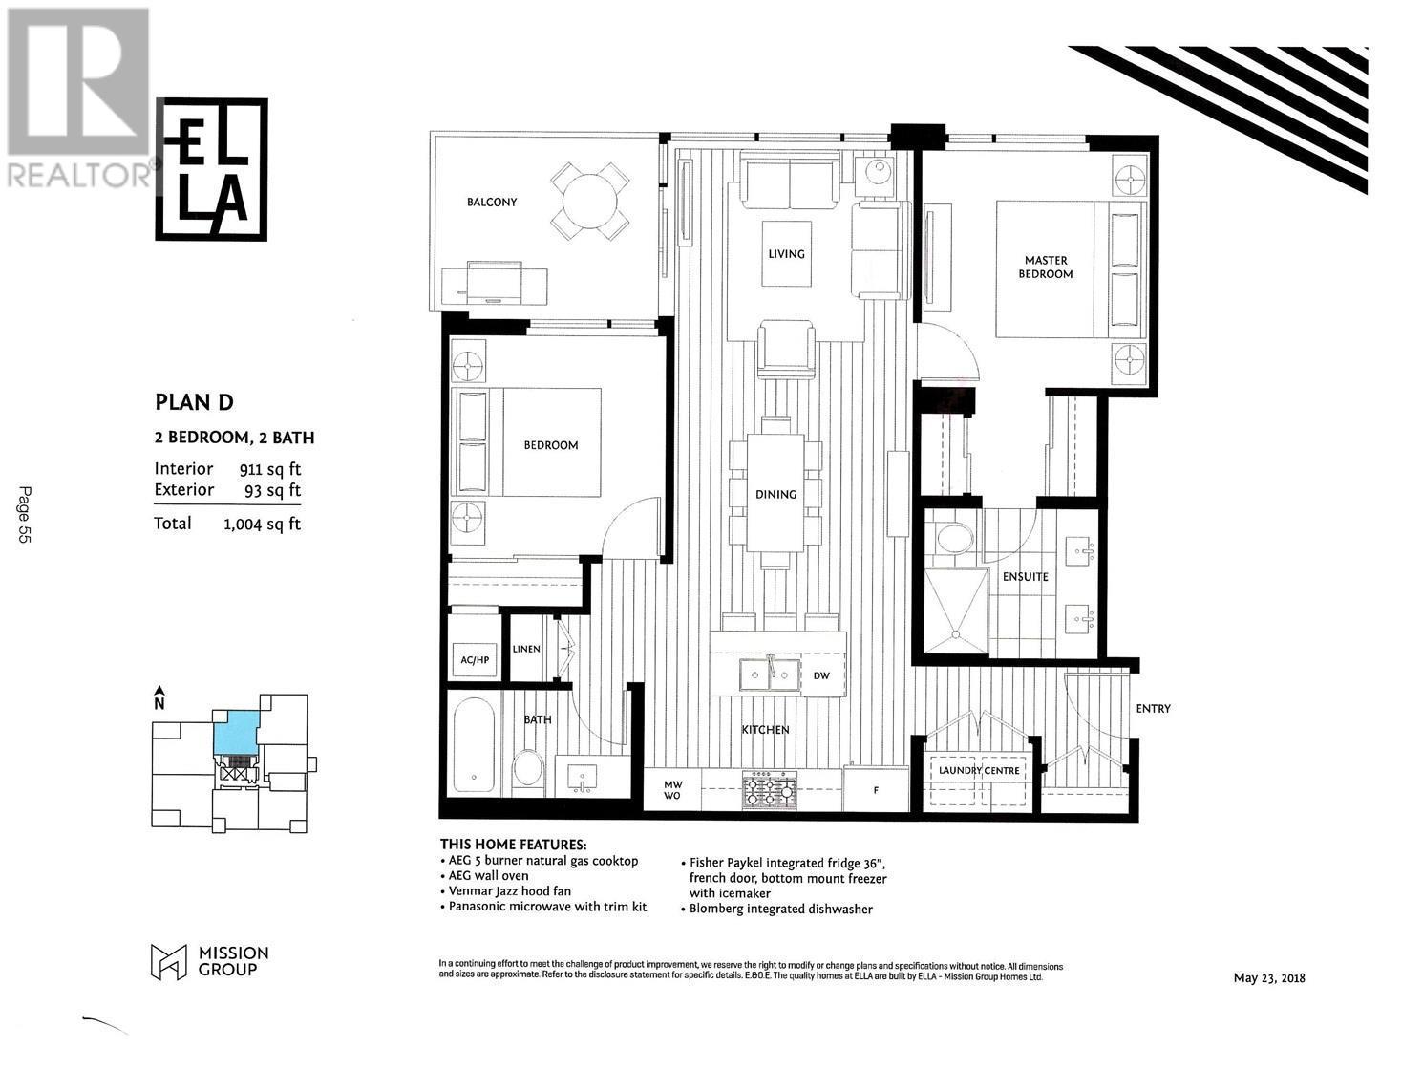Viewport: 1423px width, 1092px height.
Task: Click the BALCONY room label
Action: (492, 203)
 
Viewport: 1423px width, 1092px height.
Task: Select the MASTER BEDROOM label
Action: (1045, 267)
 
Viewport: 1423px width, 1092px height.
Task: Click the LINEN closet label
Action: (526, 649)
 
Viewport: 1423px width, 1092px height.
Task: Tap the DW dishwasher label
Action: (821, 676)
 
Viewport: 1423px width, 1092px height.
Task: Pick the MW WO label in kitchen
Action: (672, 790)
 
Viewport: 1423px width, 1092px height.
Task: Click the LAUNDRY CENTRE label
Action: (979, 770)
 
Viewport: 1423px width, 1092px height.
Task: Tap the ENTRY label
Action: (1153, 709)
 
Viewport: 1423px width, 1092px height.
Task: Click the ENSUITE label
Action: (1025, 577)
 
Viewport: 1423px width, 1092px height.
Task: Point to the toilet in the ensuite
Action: (953, 539)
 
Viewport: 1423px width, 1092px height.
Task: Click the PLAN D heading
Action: (194, 402)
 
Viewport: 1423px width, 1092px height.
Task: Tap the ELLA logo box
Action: (212, 169)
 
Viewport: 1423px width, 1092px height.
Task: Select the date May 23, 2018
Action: (1269, 977)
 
